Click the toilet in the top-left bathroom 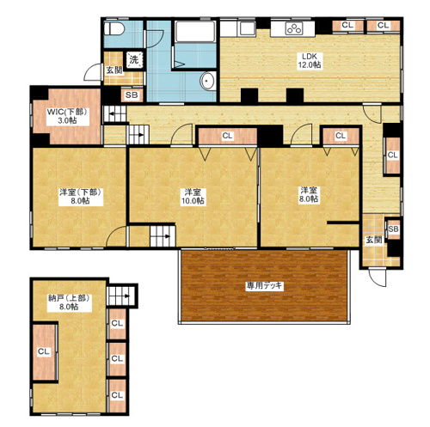[114, 28]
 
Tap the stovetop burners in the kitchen [294, 28]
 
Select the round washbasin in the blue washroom [207, 81]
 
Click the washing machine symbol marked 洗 [134, 60]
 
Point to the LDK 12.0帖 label [310, 60]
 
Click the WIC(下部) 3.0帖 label [67, 116]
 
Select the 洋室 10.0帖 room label [193, 197]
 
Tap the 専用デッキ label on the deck [264, 286]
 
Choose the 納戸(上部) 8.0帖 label [69, 302]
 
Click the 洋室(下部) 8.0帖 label [81, 197]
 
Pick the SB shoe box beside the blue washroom [132, 95]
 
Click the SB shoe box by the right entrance [393, 229]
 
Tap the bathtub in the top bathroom [195, 31]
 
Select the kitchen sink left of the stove [247, 28]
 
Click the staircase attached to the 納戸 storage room [121, 296]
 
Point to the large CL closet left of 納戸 [45, 351]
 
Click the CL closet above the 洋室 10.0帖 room [228, 136]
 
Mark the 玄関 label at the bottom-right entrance [373, 240]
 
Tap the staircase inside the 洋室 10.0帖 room [163, 236]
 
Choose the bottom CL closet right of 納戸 [117, 395]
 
